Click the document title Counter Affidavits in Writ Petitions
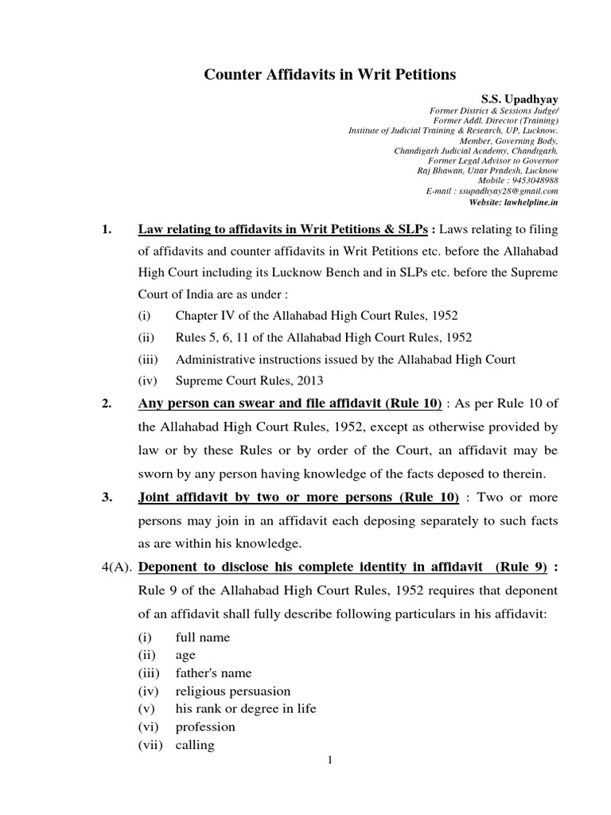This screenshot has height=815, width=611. (x=330, y=75)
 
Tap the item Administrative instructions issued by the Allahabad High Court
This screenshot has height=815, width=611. (x=345, y=359)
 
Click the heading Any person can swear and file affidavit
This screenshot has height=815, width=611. (x=290, y=404)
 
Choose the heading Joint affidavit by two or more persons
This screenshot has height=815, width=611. (x=298, y=497)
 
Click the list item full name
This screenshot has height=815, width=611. (x=202, y=638)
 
